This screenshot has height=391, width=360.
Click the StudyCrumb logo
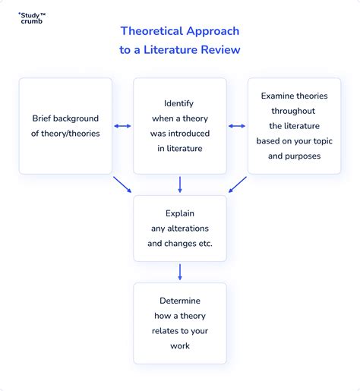[x=32, y=18]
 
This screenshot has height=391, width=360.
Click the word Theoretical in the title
[x=152, y=31]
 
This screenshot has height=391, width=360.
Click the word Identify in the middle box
[x=178, y=103]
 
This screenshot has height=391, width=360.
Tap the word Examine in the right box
[x=277, y=96]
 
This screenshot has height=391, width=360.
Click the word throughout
[x=293, y=111]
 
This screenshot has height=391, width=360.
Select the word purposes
[x=303, y=156]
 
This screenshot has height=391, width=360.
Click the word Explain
[x=180, y=213]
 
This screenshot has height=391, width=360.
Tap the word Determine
[x=180, y=301]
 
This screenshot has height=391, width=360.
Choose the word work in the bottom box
[x=180, y=346]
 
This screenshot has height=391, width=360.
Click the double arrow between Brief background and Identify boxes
[x=122, y=126]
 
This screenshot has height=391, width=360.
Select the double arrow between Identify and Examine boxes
[x=237, y=126]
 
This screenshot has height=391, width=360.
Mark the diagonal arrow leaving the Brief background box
[x=122, y=184]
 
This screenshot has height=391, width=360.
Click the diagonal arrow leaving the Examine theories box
[x=238, y=184]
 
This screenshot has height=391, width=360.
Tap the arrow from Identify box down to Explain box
[x=180, y=184]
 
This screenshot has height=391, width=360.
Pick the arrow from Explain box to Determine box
[x=180, y=272]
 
